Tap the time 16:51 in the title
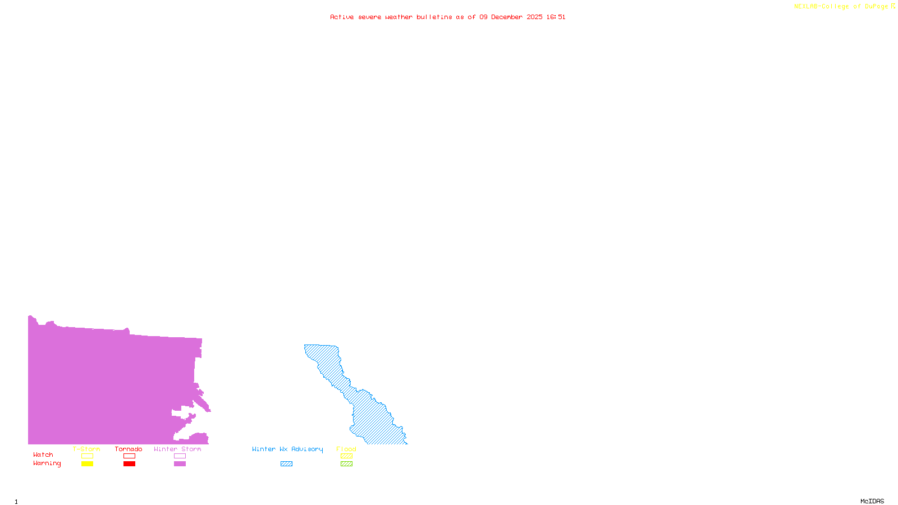556,17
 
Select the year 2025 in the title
534,17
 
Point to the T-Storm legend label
86,449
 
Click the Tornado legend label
129,449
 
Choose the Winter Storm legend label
177,449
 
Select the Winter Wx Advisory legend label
287,449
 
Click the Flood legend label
346,449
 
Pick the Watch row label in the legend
43,455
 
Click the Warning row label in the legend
47,463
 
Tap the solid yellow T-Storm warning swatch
87,464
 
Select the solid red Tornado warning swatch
129,464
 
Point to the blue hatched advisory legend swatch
286,464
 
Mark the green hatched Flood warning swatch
346,464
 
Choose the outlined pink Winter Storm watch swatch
180,456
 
